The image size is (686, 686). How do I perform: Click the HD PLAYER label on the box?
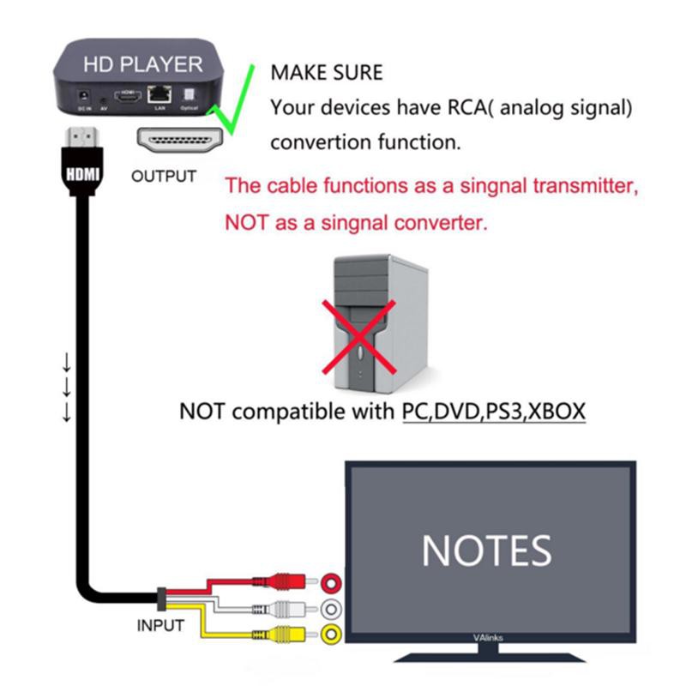142,64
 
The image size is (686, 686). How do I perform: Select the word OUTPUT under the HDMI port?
164,177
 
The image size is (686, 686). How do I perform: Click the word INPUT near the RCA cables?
160,625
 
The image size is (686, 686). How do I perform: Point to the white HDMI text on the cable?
83,172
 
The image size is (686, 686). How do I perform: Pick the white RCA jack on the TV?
330,611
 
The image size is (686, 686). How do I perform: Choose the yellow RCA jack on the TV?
330,636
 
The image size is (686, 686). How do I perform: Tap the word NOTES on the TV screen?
486,550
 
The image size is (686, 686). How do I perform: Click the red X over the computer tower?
359,336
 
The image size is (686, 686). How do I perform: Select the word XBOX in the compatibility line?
556,411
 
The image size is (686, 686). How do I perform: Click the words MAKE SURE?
326,73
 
